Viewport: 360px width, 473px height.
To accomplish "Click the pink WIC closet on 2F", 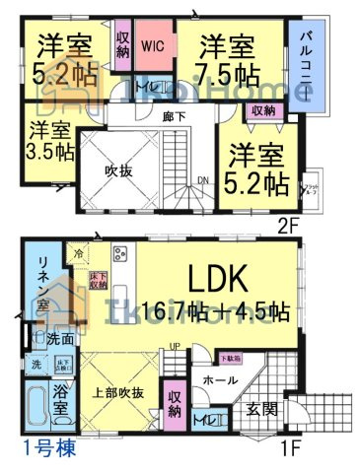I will click(x=152, y=46).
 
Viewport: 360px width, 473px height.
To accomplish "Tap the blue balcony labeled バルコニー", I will click(x=306, y=60).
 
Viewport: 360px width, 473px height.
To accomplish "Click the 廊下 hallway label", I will click(x=175, y=115).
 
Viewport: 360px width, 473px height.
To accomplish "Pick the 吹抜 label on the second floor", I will click(x=117, y=169).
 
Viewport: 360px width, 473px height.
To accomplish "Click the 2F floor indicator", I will click(x=286, y=223).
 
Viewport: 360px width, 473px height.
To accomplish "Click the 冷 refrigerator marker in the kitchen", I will click(x=79, y=253).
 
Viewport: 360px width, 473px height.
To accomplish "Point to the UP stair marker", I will click(x=176, y=346).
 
